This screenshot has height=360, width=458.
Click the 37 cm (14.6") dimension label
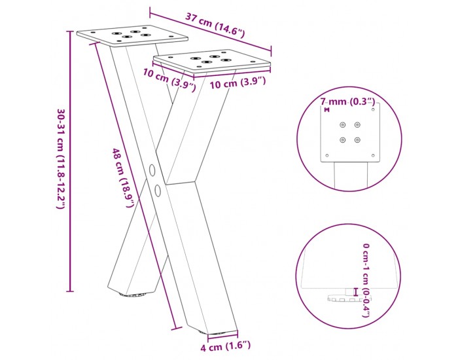(215, 25)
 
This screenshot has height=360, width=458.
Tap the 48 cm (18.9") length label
(124, 179)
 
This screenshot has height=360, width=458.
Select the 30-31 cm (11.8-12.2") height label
(61, 159)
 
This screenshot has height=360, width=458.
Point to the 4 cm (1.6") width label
(226, 346)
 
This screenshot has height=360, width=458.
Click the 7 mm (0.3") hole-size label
(347, 101)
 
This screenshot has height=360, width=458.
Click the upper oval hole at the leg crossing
(152, 170)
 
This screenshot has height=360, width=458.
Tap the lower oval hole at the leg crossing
(158, 190)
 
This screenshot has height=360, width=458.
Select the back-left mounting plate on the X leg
(132, 35)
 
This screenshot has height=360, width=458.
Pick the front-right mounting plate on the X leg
(212, 61)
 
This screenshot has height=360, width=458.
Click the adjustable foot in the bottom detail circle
(349, 298)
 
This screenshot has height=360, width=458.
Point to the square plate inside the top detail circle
(350, 132)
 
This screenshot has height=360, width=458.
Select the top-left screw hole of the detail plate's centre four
(342, 125)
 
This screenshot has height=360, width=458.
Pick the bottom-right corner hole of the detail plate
(373, 156)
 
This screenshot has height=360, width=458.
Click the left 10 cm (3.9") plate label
(169, 79)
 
